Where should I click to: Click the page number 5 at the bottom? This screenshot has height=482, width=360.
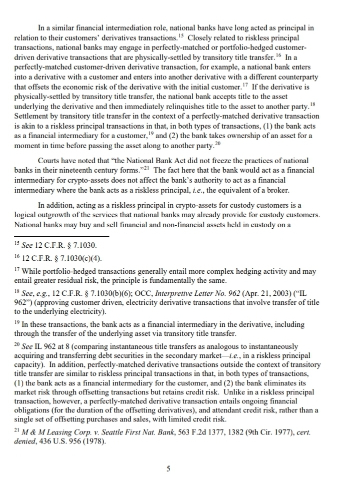click(x=182, y=468)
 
